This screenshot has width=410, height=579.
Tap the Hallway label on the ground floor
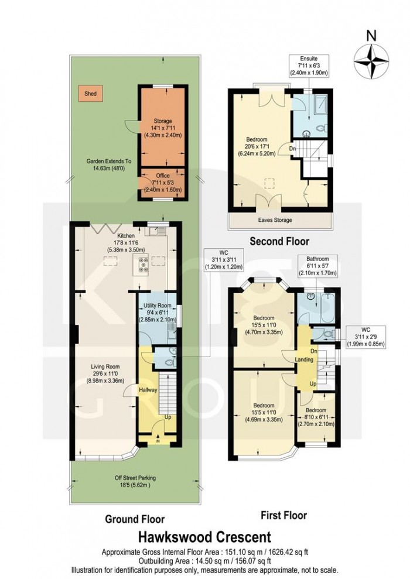tap(147, 389)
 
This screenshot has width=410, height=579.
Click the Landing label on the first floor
tap(305, 359)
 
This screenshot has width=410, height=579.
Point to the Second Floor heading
tap(279, 241)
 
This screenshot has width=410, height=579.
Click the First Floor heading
tap(283, 515)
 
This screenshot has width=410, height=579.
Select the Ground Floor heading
tap(134, 519)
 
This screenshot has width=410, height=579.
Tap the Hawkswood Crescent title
tap(204, 536)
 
